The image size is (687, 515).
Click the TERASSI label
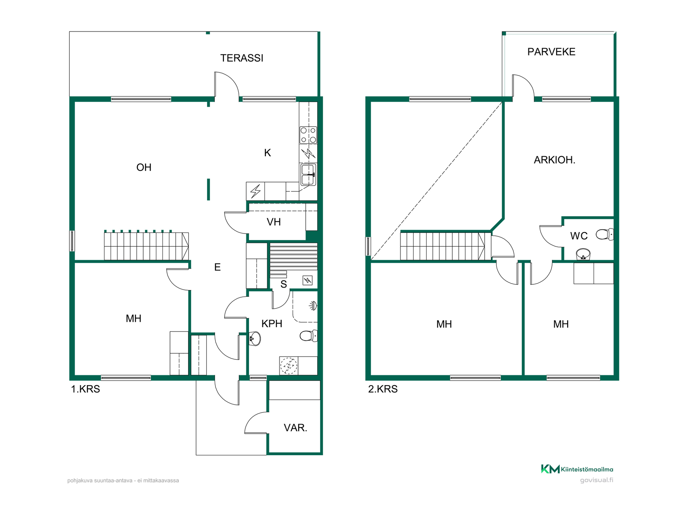[x=242, y=58]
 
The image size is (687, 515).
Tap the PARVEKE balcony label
[x=551, y=52]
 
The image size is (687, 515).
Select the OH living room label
[x=144, y=167]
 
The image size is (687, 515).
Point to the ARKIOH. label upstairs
[x=555, y=160]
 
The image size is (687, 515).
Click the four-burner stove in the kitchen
[x=308, y=135]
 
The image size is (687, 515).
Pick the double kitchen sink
[x=308, y=175]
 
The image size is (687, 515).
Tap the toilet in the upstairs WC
[x=605, y=235]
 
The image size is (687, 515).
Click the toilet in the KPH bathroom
[x=308, y=336]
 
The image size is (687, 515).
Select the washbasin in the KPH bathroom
[x=255, y=338]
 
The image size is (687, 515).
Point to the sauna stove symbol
[x=307, y=280]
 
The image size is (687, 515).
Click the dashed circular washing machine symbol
[x=288, y=366]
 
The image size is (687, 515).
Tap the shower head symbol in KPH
[x=313, y=306]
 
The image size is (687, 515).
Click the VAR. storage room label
[x=295, y=428]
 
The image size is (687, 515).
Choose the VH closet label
[x=274, y=222]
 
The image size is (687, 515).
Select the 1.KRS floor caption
[x=86, y=389]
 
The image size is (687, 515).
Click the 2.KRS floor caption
[x=383, y=389]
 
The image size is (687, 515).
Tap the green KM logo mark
[x=550, y=469]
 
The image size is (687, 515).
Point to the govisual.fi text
[x=596, y=480]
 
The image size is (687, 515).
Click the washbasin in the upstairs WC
[x=583, y=254]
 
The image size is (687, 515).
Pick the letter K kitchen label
[x=267, y=153]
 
